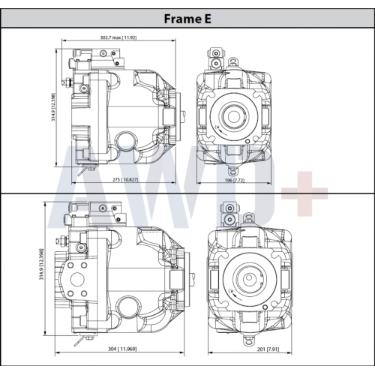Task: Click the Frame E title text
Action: pyautogui.click(x=187, y=19)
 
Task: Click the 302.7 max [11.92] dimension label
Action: pyautogui.click(x=118, y=37)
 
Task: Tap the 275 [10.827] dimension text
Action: pyautogui.click(x=125, y=179)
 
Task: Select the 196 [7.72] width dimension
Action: pyautogui.click(x=235, y=180)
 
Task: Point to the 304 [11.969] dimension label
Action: pyautogui.click(x=122, y=349)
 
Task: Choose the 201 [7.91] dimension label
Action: pyautogui.click(x=268, y=349)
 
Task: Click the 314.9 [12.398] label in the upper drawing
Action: pyautogui.click(x=53, y=107)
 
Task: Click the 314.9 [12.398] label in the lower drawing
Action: pyautogui.click(x=41, y=264)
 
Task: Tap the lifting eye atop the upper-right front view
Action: pyautogui.click(x=232, y=61)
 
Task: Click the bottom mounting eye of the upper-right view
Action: pyautogui.click(x=232, y=171)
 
